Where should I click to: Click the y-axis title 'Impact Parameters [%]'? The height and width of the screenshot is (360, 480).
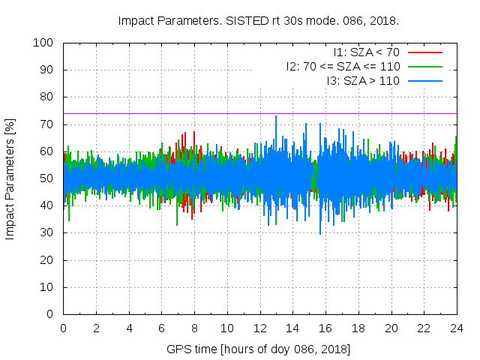(x=10, y=178)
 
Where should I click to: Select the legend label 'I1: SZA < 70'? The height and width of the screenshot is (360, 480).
(x=367, y=52)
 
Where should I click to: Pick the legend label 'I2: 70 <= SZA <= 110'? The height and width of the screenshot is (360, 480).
(x=343, y=66)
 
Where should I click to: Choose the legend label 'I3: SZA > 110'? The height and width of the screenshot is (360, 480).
(x=363, y=80)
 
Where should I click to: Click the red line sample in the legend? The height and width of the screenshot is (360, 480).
(x=424, y=52)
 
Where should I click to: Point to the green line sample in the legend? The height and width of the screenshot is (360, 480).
(x=424, y=66)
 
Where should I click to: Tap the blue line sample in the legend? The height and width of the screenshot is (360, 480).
(x=424, y=80)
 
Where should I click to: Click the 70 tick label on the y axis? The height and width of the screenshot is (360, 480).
(x=46, y=124)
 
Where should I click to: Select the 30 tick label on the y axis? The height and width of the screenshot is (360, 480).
(x=46, y=232)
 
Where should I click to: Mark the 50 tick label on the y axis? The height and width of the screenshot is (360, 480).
(x=46, y=178)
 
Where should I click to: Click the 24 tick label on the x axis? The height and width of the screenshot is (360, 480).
(x=457, y=328)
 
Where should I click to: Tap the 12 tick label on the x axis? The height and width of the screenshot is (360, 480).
(x=259, y=328)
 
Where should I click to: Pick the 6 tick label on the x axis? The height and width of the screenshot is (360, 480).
(x=161, y=328)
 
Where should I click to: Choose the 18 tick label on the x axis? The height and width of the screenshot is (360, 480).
(x=358, y=328)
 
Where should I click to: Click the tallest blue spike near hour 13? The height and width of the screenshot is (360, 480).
(x=276, y=117)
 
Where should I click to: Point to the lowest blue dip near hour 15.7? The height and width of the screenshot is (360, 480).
(x=320, y=233)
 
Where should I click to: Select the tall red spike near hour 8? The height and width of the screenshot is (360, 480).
(x=194, y=133)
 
